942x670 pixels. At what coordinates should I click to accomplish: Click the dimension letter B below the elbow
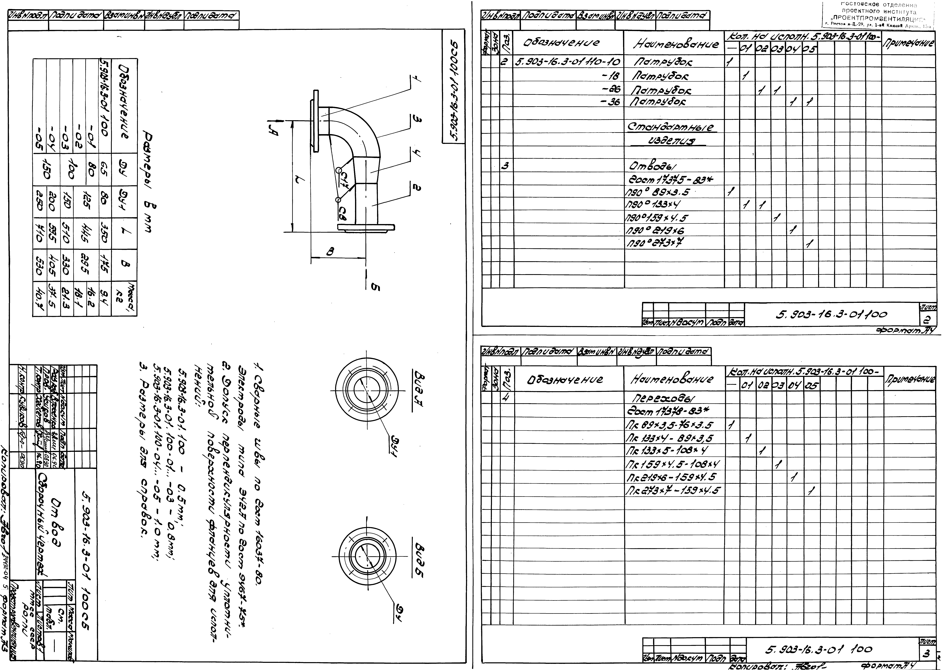coord(330,251)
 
